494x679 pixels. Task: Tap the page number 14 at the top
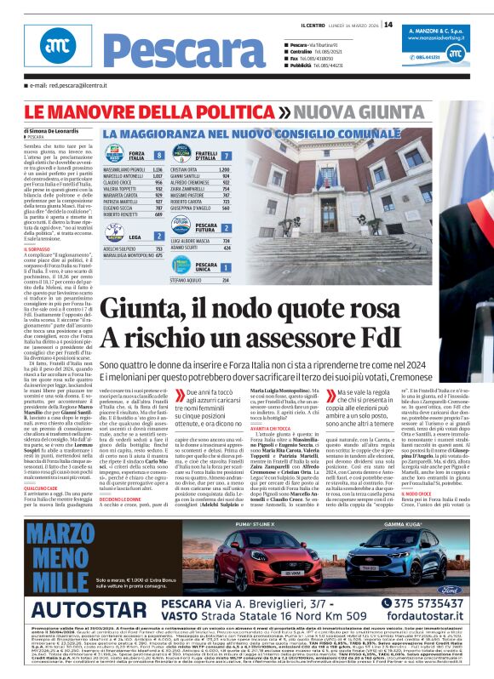point(388,24)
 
